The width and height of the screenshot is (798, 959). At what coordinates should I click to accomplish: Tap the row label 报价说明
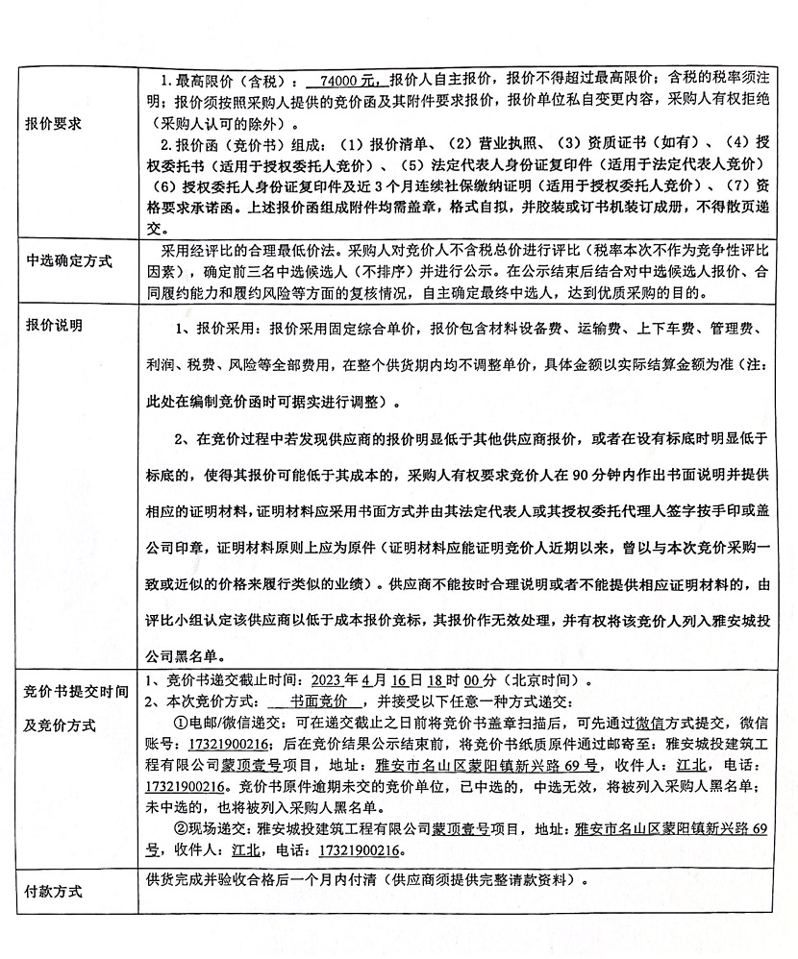(x=54, y=325)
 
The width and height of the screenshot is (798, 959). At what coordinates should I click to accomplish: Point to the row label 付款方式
(x=54, y=891)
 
